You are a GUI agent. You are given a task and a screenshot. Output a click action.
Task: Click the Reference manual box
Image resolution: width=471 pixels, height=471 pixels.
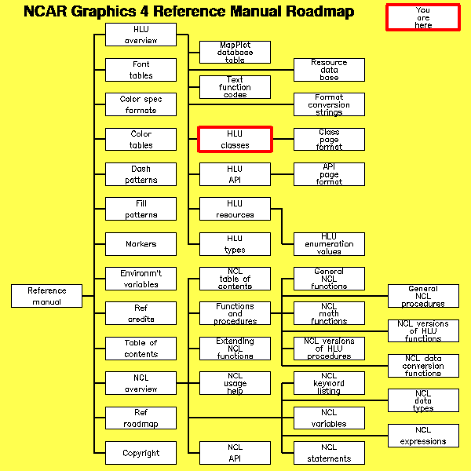(46, 296)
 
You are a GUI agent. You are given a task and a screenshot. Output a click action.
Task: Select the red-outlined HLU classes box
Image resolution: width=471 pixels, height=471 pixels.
(235, 139)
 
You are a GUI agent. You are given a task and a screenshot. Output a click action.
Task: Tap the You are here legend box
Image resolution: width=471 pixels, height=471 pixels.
(422, 17)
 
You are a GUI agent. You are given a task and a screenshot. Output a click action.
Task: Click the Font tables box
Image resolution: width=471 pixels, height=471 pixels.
(141, 70)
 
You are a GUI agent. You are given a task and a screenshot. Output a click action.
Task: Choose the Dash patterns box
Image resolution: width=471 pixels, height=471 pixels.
(141, 174)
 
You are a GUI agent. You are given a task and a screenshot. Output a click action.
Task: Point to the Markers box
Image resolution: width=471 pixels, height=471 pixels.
(141, 244)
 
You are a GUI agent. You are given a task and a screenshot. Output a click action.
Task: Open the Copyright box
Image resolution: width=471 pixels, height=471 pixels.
(141, 453)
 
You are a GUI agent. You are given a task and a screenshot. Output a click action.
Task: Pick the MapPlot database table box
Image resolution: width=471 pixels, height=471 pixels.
(235, 53)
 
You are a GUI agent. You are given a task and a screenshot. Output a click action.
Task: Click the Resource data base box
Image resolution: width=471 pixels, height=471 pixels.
(329, 70)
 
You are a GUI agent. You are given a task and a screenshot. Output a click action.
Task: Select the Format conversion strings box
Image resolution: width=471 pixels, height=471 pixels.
(329, 104)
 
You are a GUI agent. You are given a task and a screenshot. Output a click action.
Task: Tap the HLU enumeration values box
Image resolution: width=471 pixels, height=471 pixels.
(329, 244)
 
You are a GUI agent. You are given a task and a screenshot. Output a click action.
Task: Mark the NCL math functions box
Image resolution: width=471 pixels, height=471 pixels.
(329, 314)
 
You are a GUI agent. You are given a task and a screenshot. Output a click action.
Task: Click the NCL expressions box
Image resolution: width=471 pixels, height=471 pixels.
(423, 436)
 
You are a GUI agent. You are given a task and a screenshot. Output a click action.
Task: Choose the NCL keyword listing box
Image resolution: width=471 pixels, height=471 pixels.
(329, 384)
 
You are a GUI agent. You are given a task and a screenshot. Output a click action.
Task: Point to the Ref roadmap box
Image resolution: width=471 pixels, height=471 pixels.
(141, 418)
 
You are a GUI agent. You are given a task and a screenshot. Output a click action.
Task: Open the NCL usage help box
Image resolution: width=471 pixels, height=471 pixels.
(235, 384)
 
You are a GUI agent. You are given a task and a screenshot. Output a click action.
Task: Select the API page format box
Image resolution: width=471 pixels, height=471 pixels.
(329, 174)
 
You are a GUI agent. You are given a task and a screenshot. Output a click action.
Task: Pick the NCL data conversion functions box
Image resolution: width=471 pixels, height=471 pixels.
(423, 366)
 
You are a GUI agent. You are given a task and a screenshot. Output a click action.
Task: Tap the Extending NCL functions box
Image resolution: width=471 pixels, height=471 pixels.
(235, 349)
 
